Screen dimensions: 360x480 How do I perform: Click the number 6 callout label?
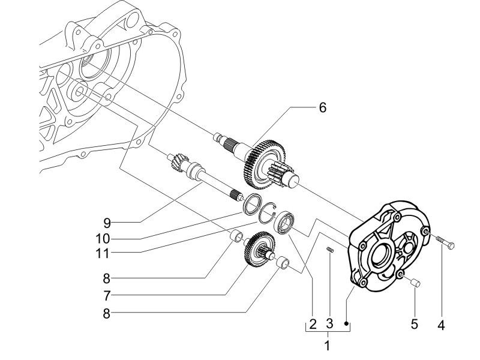click(322, 109)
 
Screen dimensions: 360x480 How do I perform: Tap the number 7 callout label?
click(106, 295)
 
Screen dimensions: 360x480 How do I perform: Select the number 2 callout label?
click(312, 325)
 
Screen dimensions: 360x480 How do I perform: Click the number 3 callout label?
click(329, 325)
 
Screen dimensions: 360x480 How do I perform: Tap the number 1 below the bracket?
click(327, 346)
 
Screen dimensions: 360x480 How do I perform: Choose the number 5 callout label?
click(414, 325)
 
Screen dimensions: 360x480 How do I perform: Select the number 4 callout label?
click(441, 325)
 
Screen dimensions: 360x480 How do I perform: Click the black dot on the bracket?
click(347, 323)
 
